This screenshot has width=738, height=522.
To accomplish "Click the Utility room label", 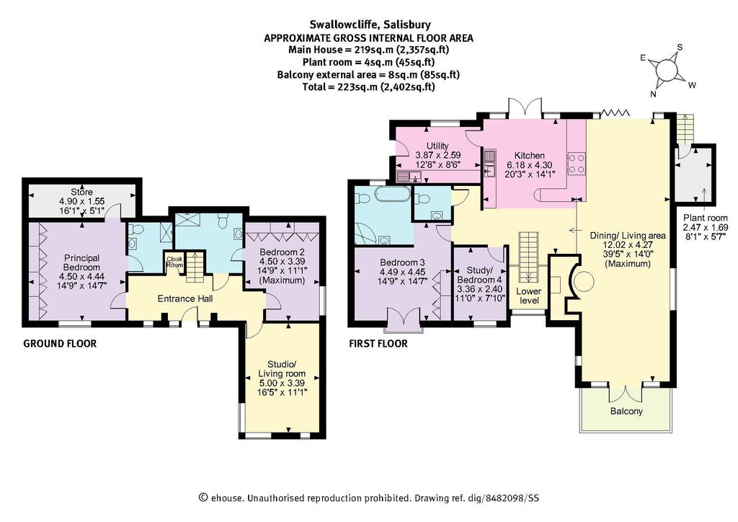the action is (437, 146).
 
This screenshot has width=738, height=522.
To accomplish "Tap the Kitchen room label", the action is (529, 155).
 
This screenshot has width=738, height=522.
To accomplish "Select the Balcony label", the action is (626, 411).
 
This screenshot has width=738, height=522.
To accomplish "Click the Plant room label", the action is (706, 218).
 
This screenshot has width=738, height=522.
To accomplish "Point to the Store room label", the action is (82, 192).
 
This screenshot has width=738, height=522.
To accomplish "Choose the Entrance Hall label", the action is (185, 298).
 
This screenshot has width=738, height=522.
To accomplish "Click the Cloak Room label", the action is (174, 262).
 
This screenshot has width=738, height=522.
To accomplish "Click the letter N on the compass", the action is (653, 94).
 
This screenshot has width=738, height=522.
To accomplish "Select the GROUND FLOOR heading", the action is (60, 344).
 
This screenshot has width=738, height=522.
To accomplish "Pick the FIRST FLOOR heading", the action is (378, 344).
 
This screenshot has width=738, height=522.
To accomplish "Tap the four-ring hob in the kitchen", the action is (577, 164).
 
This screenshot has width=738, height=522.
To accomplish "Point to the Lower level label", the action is (529, 295).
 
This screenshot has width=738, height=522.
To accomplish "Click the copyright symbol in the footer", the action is (203, 497).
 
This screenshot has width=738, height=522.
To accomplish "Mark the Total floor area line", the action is (368, 87).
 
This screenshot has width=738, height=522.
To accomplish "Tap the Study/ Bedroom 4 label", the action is (479, 275).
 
